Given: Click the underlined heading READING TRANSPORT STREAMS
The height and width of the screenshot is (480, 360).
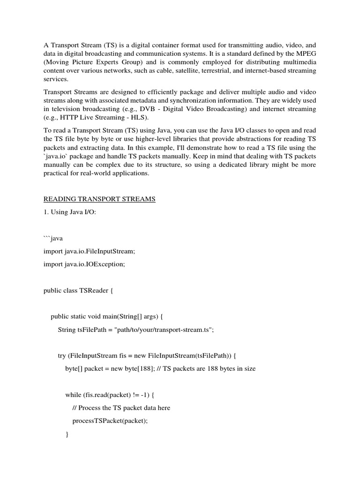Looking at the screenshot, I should click(x=99, y=199).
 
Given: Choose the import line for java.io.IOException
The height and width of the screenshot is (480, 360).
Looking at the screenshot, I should click(x=84, y=264).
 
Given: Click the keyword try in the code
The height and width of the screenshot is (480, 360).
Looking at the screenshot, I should click(x=62, y=356).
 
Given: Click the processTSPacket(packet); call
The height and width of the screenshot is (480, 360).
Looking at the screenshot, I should click(x=110, y=420).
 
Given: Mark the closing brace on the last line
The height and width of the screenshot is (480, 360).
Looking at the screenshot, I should click(x=67, y=435).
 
